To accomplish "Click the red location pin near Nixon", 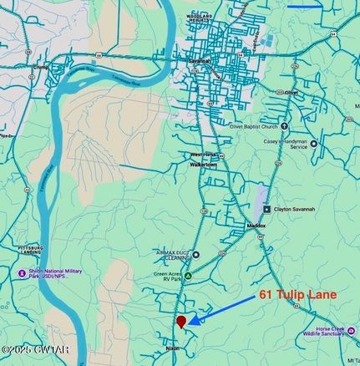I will (x=181, y=321).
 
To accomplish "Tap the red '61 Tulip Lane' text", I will (x=297, y=294).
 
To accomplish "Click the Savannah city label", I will (x=200, y=61).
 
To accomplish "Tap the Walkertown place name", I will (x=204, y=165).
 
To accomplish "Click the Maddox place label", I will (x=256, y=226).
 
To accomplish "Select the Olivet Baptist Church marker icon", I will (x=284, y=128).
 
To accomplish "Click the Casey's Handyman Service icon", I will (x=314, y=144).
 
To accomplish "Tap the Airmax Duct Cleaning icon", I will (x=195, y=255).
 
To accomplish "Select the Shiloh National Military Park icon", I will (x=22, y=272).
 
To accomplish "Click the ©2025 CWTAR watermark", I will (x=34, y=349).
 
